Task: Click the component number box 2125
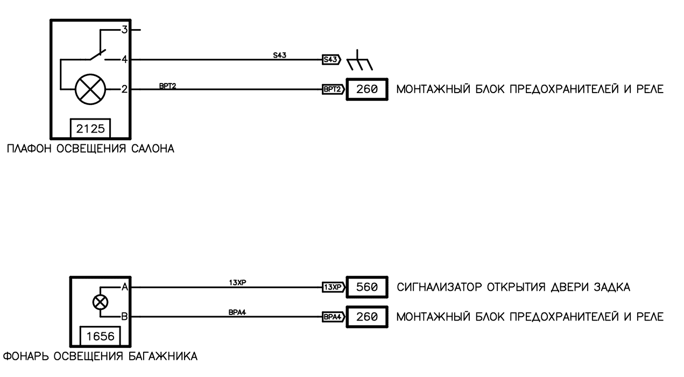tap(91, 129)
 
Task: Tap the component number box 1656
tap(101, 336)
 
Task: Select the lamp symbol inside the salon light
tap(89, 89)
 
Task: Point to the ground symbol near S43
tap(357, 61)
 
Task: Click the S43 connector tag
tap(331, 60)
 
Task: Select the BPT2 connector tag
tap(333, 90)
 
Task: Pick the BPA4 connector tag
tap(332, 317)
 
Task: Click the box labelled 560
tap(366, 288)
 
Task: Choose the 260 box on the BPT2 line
tap(366, 90)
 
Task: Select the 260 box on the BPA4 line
tap(366, 317)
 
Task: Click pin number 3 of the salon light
tap(124, 30)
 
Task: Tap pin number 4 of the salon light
tap(124, 60)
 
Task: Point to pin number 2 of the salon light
tap(124, 89)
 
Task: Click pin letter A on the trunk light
tap(124, 288)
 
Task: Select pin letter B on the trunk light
tap(124, 317)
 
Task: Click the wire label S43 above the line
tap(279, 54)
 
